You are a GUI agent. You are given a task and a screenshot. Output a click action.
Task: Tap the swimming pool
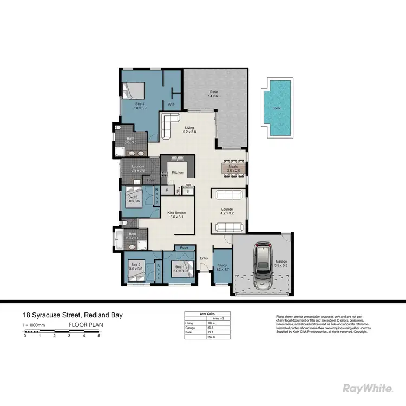(277, 108)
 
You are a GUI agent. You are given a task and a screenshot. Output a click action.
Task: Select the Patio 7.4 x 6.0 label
(215, 94)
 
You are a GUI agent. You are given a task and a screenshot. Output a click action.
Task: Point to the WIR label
(171, 105)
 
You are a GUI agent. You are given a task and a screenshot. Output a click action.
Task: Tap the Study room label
(221, 266)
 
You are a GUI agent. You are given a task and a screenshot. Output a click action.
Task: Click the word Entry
(204, 258)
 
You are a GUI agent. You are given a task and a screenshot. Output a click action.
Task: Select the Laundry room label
(139, 168)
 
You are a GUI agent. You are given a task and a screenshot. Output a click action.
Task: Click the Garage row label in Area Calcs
(190, 327)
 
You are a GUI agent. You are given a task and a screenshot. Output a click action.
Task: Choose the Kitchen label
(178, 172)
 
